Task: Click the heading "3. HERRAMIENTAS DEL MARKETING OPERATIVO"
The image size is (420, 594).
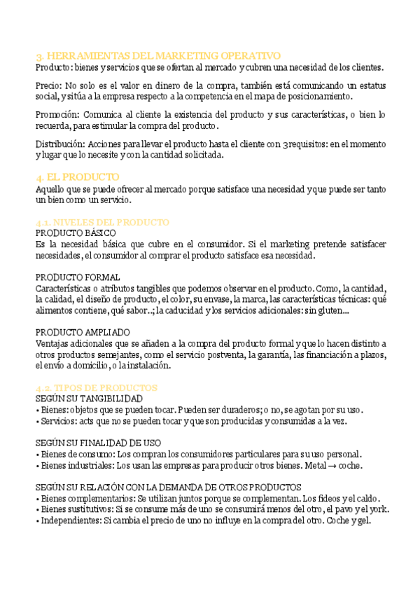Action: (x=158, y=55)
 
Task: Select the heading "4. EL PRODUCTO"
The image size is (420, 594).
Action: (x=78, y=177)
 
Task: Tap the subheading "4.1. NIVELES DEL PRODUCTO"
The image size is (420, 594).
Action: (x=102, y=222)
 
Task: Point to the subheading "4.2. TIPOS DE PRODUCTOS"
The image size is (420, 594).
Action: (x=97, y=387)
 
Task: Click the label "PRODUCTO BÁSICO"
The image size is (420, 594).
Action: (x=76, y=233)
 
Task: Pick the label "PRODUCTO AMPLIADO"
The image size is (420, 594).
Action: (x=83, y=332)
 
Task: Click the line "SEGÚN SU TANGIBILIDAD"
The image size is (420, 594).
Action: (x=89, y=398)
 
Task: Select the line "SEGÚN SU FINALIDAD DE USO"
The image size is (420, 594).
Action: (x=98, y=443)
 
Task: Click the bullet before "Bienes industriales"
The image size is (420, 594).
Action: (x=37, y=465)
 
